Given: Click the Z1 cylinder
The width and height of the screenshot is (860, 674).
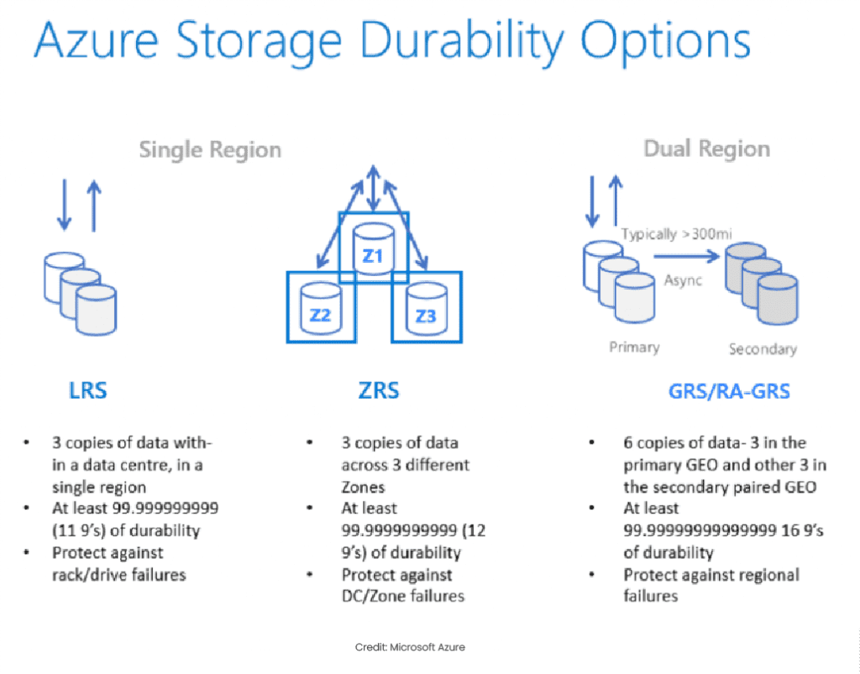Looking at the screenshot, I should (372, 249).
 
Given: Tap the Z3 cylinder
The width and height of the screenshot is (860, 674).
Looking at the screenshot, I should (426, 309).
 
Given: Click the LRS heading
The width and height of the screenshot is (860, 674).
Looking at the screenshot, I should (88, 390).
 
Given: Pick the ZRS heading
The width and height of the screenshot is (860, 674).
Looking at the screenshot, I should (379, 390).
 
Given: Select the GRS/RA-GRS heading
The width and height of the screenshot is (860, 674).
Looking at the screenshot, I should (718, 391).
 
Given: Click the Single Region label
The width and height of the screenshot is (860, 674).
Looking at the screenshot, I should (210, 150).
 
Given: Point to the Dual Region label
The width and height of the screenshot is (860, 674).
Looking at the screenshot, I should (706, 149).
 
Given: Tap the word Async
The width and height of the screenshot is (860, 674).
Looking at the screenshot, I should (683, 280).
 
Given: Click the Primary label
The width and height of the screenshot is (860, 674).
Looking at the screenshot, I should (634, 346).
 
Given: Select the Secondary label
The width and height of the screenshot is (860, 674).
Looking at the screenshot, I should (763, 348).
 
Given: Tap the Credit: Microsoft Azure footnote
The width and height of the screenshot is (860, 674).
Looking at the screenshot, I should (409, 647).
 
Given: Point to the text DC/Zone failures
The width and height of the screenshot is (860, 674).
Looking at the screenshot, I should (402, 596).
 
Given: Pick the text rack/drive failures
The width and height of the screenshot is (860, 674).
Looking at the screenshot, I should (118, 575).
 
